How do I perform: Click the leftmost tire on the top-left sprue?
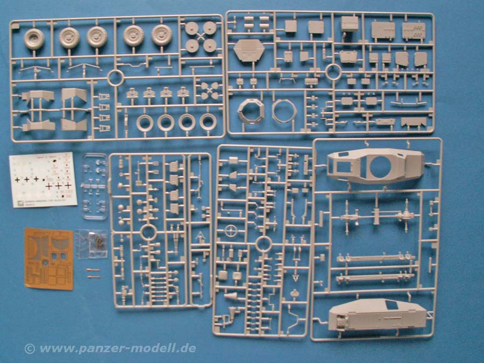pos(34,38)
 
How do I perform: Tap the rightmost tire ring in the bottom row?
pos(208,122)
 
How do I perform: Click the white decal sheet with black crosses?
pos(44,180)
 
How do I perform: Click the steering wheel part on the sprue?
pos(232,232)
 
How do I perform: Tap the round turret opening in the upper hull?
pos(382,167)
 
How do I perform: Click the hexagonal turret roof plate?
pos(248,51)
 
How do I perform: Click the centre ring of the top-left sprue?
pos(116,77)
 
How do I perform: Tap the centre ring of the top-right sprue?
pos(333,72)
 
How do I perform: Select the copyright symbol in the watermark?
pos(30,348)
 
